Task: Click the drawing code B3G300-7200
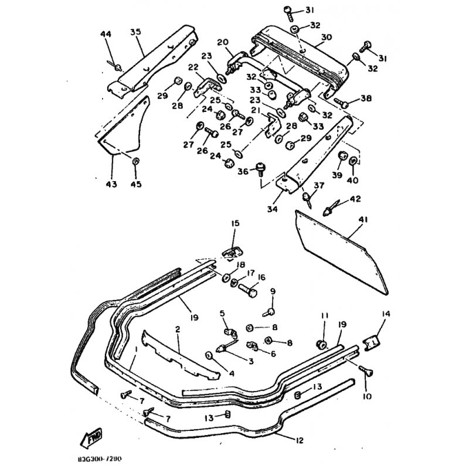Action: pos(104,461)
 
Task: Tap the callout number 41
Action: pos(363,220)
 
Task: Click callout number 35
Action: pos(136,32)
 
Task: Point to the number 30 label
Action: pos(327,36)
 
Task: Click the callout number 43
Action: pos(111,185)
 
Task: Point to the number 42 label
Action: pos(355,199)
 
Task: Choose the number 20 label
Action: pos(222,42)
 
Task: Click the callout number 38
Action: pos(366,98)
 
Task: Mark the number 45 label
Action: pos(135,185)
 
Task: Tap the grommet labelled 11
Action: pos(321,342)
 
